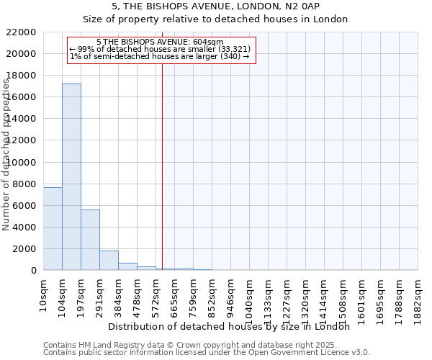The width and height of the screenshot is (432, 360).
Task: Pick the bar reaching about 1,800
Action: (109, 260)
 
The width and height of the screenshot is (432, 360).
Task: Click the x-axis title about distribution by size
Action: (230, 327)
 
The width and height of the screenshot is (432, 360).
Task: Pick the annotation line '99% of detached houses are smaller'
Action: (160, 49)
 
